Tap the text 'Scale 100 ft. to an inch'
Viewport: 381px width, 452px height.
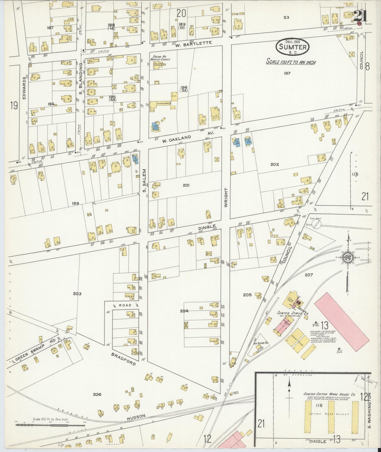[291, 62]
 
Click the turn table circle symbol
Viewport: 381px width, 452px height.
[316, 224]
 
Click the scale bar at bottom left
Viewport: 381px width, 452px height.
[50, 425]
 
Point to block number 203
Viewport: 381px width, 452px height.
[77, 294]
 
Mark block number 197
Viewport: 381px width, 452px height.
[287, 73]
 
